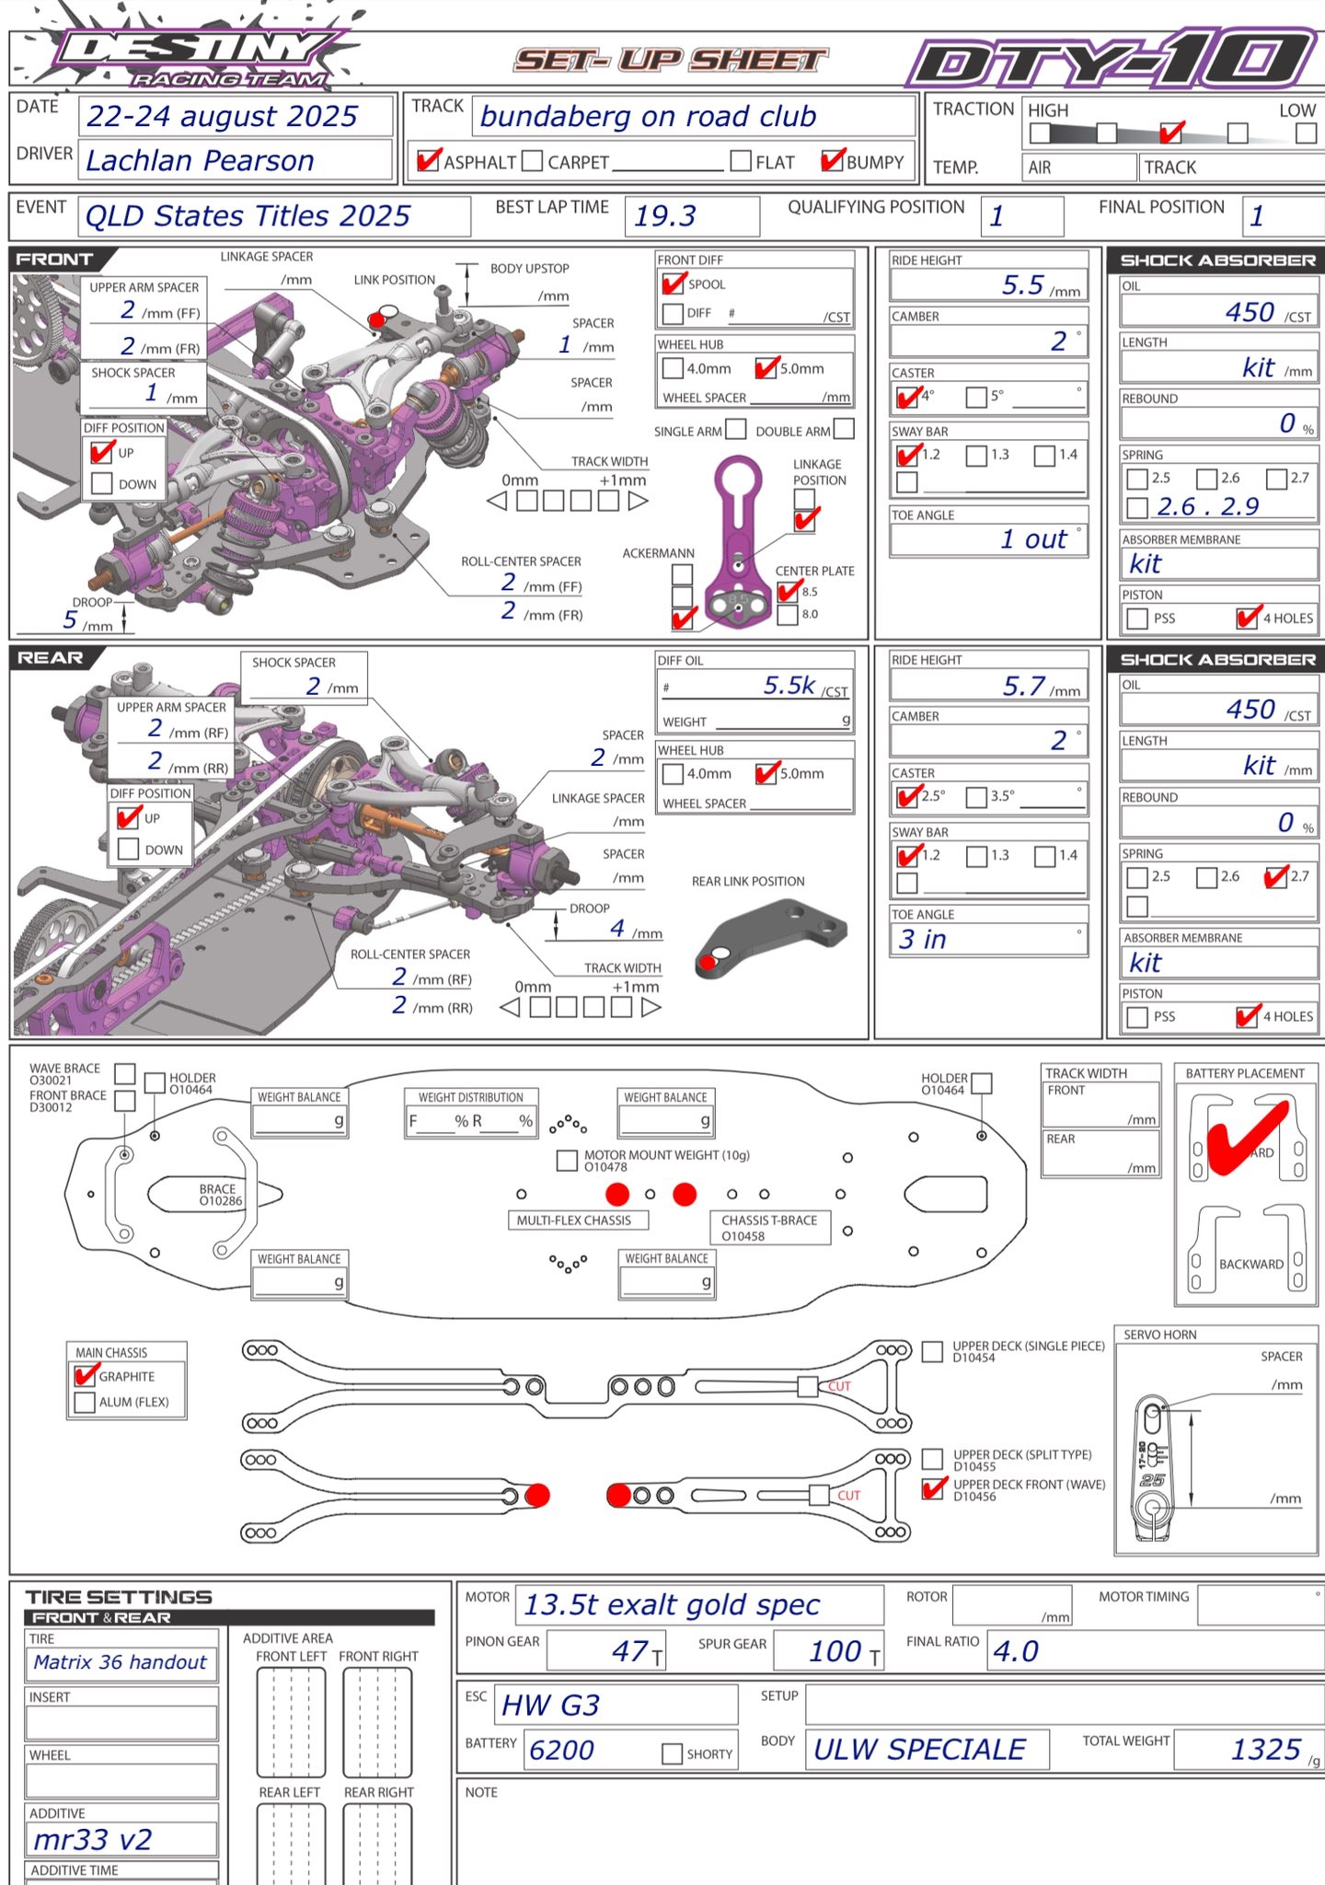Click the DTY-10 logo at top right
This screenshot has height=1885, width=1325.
[1113, 60]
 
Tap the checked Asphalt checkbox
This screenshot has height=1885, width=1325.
[427, 161]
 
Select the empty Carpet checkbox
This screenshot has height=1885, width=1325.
[532, 161]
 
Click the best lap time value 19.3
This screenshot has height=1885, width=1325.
[664, 216]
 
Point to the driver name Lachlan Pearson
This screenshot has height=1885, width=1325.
[200, 161]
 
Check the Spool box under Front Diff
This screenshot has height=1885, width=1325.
[673, 284]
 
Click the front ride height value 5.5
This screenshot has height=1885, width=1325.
[1022, 285]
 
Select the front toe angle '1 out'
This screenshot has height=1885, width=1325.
[1033, 539]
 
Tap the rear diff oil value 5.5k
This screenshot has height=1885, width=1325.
[789, 686]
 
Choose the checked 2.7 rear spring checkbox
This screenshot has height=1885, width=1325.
[1275, 877]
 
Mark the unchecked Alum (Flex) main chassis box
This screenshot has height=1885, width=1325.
[85, 1402]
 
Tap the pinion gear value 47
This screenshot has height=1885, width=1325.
[630, 1651]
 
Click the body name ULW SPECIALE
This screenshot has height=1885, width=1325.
[919, 1750]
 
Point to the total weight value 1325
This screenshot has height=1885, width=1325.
[1266, 1750]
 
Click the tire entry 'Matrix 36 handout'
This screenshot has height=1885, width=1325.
[121, 1662]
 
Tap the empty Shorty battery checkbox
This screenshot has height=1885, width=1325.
[672, 1753]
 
